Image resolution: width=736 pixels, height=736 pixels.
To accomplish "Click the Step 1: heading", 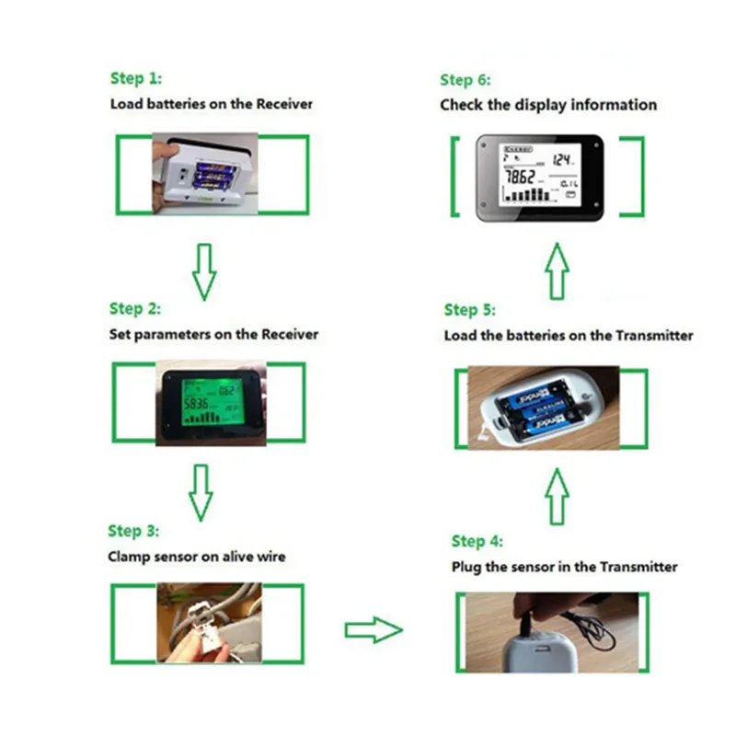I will click(135, 78).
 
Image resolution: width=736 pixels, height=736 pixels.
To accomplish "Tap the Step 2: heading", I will click(134, 308).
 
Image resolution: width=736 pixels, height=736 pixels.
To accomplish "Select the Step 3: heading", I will click(133, 531).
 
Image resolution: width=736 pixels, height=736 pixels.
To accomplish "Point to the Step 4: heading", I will click(477, 541).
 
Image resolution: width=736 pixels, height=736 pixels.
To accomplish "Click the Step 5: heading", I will click(469, 310).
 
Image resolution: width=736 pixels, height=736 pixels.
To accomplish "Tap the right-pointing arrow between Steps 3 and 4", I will click(374, 630).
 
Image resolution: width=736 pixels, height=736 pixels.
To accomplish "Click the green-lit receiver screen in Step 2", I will click(211, 403).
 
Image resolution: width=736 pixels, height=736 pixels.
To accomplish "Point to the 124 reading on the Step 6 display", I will click(562, 158).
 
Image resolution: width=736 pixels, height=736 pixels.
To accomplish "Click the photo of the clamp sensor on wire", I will click(208, 623).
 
